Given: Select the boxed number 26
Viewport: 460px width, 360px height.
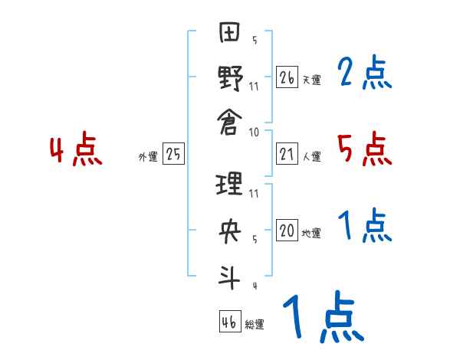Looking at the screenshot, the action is pyautogui.click(x=287, y=77).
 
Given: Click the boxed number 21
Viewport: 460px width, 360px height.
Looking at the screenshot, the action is pyautogui.click(x=287, y=155).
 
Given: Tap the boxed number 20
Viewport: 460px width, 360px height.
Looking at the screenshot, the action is pyautogui.click(x=287, y=231).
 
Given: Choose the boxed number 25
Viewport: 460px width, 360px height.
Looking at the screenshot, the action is pyautogui.click(x=173, y=155).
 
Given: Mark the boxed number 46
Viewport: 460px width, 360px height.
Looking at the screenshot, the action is pyautogui.click(x=229, y=322).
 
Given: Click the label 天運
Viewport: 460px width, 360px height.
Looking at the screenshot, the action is pyautogui.click(x=312, y=80).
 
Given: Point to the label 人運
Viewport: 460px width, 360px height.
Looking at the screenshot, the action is pyautogui.click(x=312, y=157).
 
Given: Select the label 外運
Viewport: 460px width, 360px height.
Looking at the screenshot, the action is pyautogui.click(x=148, y=157).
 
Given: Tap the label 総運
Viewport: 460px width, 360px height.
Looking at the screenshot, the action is pyautogui.click(x=255, y=325).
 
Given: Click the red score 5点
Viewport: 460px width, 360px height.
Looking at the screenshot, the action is pyautogui.click(x=365, y=149).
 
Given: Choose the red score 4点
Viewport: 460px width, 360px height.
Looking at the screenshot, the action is pyautogui.click(x=76, y=150).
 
